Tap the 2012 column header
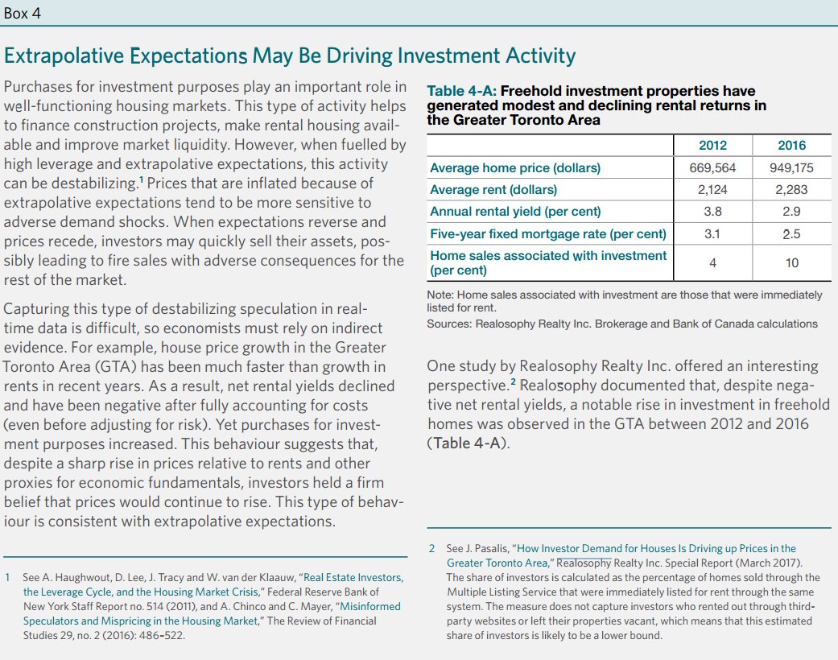(712, 146)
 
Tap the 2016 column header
(791, 146)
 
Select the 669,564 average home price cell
(712, 168)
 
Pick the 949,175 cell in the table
(791, 168)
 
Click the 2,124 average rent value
(712, 190)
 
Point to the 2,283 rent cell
(791, 190)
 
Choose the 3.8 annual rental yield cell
(712, 212)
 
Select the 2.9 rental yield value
(791, 212)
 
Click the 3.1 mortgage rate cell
(712, 234)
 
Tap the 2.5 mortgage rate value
(791, 234)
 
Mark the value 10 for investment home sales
(791, 262)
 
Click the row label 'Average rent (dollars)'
(493, 190)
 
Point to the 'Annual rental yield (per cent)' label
(515, 212)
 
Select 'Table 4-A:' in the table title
(461, 91)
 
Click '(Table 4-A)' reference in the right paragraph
(468, 443)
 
